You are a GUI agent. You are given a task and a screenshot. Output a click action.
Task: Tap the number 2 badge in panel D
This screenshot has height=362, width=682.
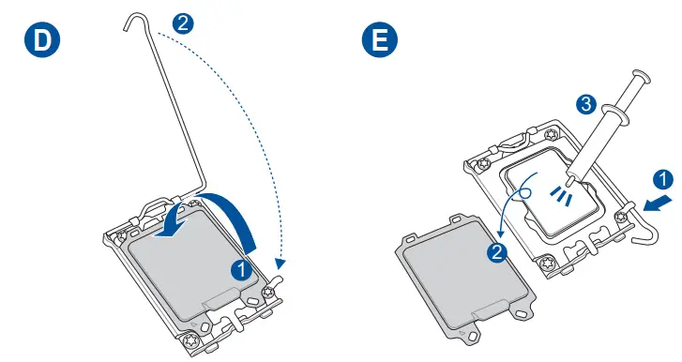tap(184, 23)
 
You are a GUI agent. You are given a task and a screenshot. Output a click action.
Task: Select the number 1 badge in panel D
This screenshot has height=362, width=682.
tap(241, 268)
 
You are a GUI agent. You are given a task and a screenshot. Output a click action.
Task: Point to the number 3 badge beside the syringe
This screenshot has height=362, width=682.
tap(585, 105)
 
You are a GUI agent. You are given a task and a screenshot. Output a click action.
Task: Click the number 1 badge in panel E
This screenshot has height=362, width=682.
tap(662, 178)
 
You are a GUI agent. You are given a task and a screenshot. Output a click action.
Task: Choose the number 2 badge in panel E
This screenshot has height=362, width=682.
tap(498, 251)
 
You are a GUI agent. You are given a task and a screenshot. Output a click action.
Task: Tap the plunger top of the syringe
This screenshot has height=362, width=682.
tap(641, 79)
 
